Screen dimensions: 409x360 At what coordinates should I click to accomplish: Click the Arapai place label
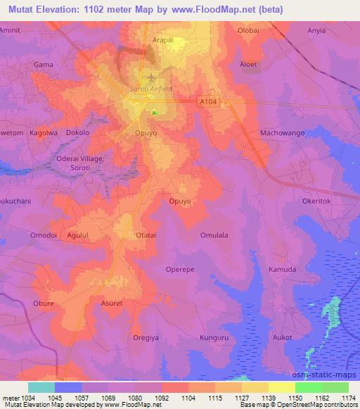[163, 40]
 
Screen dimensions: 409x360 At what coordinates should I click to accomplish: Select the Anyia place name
[318, 31]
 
